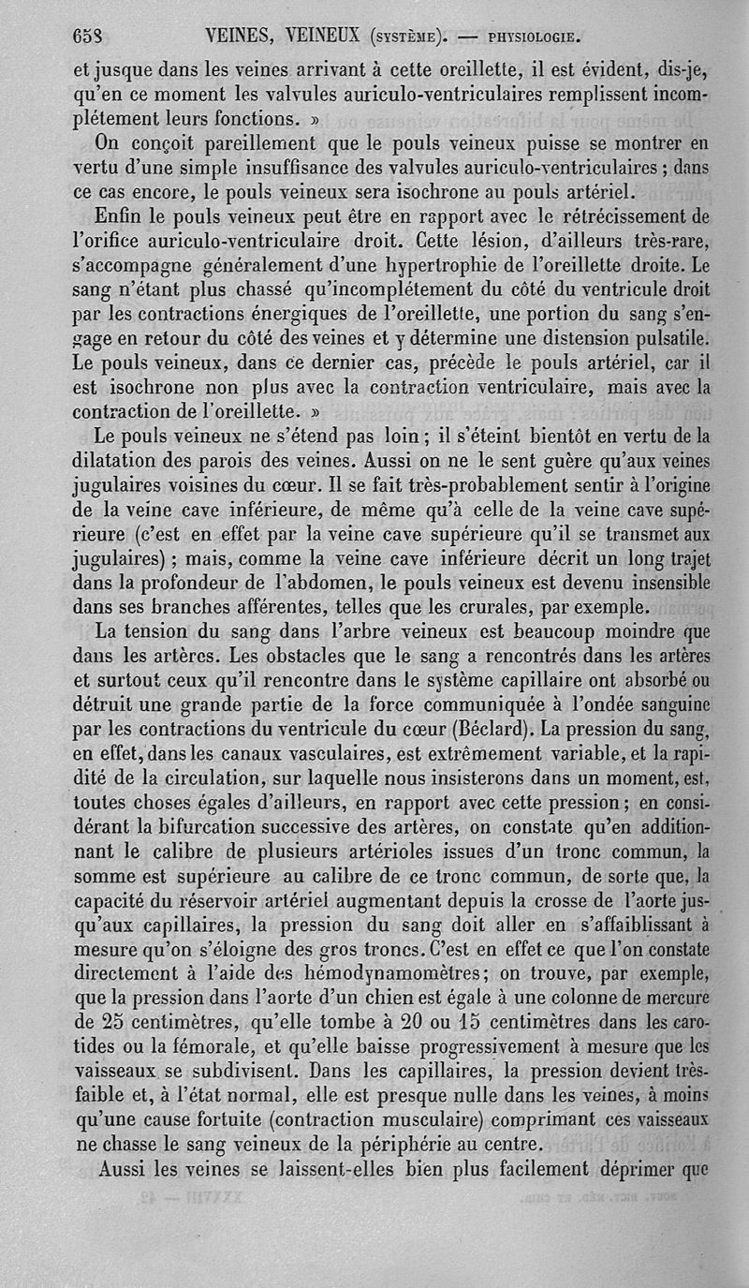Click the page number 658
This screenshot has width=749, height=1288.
point(87,37)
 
